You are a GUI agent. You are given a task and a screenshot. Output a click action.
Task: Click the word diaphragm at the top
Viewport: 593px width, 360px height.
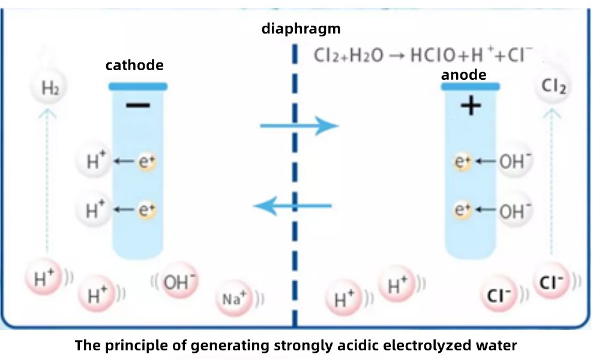pos(301,28)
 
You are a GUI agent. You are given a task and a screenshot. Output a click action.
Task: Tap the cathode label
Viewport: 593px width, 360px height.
pos(134,65)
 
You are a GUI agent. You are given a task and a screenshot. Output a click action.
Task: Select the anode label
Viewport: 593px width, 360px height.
pos(464,75)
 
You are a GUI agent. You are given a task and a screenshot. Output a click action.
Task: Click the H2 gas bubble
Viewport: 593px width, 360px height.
pos(49,89)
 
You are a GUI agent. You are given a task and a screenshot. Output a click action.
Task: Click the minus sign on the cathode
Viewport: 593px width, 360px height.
pos(138,106)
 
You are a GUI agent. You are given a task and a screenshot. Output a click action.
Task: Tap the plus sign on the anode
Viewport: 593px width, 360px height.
pos(471,106)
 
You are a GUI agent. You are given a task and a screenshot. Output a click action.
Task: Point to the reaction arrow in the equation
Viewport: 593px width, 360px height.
pos(396,56)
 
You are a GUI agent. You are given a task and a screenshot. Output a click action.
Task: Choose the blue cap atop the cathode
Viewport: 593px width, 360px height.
pos(138,86)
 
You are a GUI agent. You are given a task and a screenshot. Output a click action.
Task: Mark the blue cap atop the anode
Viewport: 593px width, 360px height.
pos(470,86)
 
